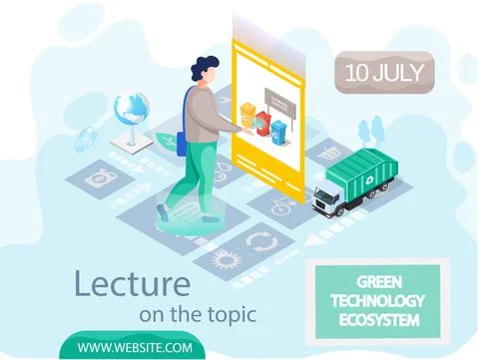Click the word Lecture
point(132,282)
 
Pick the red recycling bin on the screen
point(262,124)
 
